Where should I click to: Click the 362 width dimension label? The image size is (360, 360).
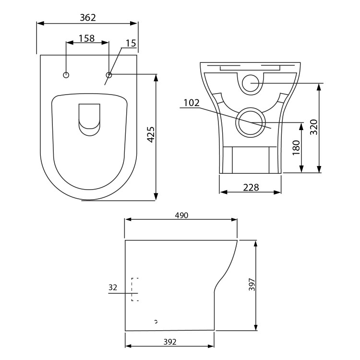[87, 18]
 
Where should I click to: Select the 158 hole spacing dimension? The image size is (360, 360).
[86, 38]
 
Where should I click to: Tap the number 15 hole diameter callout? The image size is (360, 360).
[131, 43]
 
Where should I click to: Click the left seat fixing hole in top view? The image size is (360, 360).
[66, 75]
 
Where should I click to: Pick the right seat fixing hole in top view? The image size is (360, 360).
[109, 75]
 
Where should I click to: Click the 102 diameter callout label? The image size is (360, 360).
[192, 103]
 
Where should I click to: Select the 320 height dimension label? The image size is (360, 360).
[313, 127]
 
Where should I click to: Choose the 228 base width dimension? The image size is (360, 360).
[250, 187]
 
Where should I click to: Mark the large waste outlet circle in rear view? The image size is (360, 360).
[250, 121]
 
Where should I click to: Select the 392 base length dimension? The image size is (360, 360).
[169, 342]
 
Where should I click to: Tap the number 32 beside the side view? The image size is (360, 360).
[113, 288]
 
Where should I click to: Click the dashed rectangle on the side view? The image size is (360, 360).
[135, 289]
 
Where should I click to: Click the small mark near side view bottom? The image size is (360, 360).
[156, 321]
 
